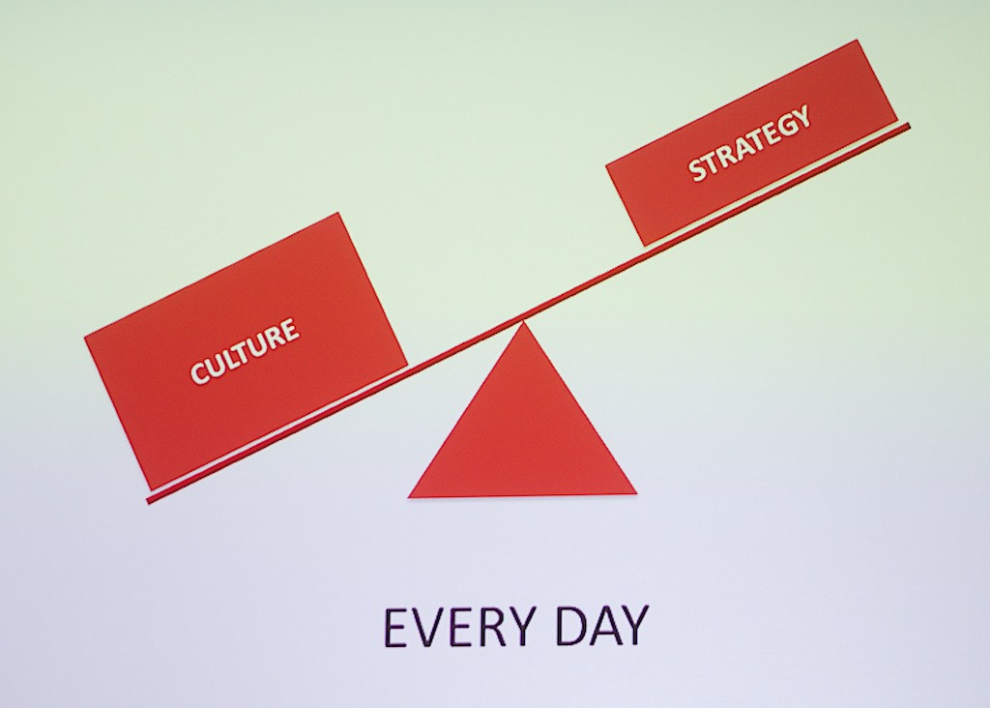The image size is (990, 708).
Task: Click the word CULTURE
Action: (245, 351)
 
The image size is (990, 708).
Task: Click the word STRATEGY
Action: (749, 144)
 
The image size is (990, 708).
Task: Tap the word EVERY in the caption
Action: (458, 627)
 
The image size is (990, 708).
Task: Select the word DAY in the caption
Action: (601, 627)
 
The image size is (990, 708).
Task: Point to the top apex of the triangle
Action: (523, 322)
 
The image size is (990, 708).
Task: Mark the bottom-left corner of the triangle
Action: (409, 498)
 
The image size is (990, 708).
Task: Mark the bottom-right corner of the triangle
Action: (636, 493)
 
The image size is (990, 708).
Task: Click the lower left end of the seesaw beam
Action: (148, 500)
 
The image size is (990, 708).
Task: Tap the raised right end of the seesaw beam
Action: (909, 126)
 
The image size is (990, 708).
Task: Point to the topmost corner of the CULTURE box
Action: (338, 213)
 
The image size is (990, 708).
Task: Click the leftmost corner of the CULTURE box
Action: (85, 338)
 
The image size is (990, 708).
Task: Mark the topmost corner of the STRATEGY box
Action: (858, 40)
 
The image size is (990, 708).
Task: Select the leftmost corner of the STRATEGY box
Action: (606, 165)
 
